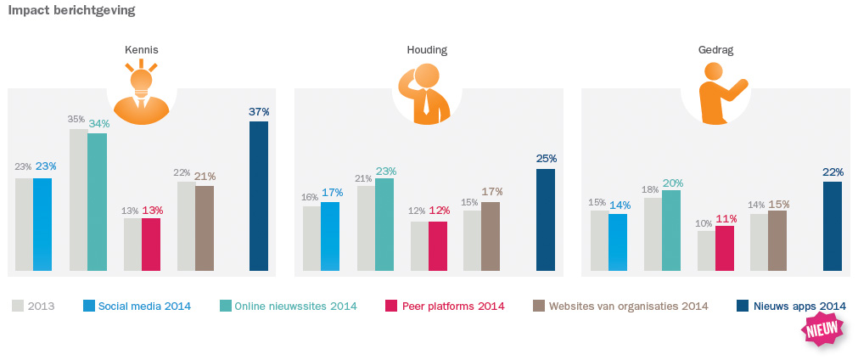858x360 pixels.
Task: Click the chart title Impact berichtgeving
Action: (x=71, y=11)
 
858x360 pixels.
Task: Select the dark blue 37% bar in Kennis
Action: (x=258, y=197)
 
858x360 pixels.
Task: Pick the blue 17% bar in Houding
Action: (x=330, y=237)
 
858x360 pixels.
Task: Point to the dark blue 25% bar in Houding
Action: (x=546, y=220)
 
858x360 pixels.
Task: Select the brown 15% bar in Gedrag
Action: (x=777, y=241)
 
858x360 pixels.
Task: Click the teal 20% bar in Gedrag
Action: (x=671, y=230)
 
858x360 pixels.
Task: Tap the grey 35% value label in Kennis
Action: (x=76, y=120)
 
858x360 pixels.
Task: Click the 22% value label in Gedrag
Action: (x=833, y=172)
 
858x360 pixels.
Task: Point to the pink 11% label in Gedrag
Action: (x=726, y=218)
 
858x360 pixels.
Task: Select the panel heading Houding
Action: (x=427, y=50)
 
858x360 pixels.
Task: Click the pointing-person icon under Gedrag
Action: (x=716, y=93)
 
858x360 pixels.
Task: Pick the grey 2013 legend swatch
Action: (x=18, y=306)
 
